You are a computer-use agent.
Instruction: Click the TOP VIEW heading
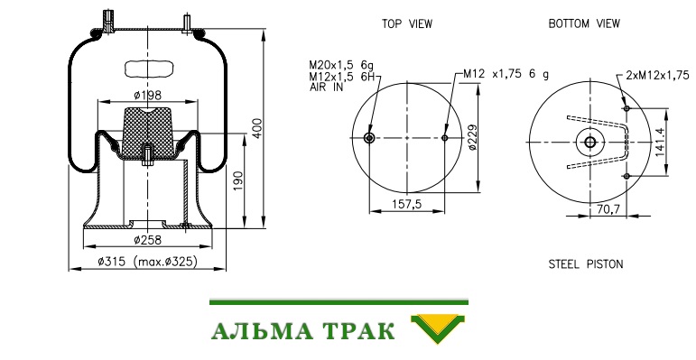pyautogui.click(x=407, y=24)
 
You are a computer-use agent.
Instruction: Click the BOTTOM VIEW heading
pyautogui.click(x=584, y=24)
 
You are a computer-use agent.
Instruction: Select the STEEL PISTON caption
pyautogui.click(x=586, y=264)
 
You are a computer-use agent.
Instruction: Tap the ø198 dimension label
pyautogui.click(x=147, y=95)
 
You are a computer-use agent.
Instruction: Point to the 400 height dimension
pyautogui.click(x=257, y=128)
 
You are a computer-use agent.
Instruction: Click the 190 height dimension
pyautogui.click(x=238, y=181)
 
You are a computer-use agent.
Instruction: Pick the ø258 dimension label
pyautogui.click(x=147, y=240)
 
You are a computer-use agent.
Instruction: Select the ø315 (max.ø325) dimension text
pyautogui.click(x=147, y=262)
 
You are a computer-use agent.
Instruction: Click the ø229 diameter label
pyautogui.click(x=472, y=138)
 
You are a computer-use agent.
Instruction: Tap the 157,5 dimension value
pyautogui.click(x=406, y=204)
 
